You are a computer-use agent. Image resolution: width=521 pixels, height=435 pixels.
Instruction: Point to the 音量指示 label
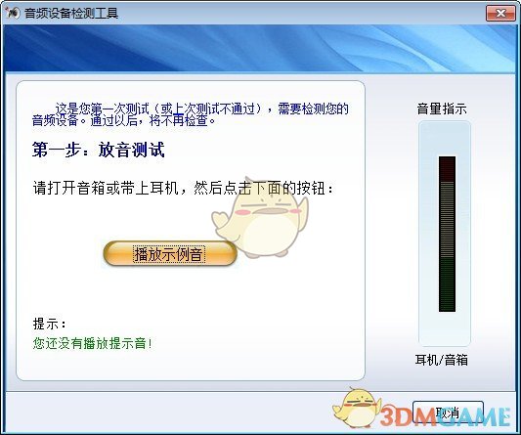[442, 109]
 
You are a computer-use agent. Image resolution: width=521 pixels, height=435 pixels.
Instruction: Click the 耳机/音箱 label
[442, 361]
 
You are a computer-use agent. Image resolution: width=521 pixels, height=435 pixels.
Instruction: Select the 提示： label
[50, 324]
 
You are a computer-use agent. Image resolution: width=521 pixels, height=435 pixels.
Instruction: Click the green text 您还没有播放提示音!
[93, 343]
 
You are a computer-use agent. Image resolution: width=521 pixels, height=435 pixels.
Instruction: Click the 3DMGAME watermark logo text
[446, 411]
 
